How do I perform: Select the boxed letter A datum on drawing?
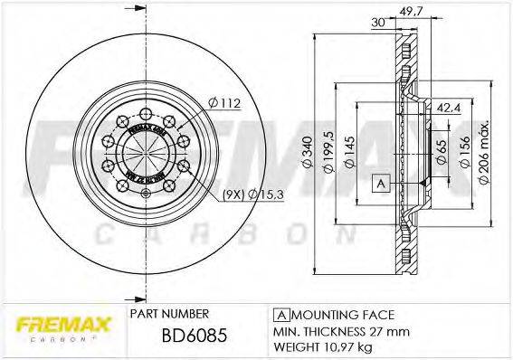click(x=382, y=184)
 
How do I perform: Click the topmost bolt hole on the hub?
click(x=145, y=114)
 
